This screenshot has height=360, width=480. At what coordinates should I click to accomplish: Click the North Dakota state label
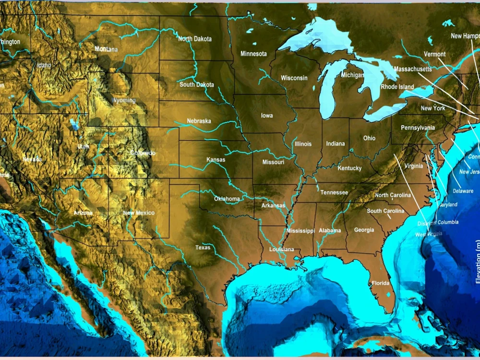195,39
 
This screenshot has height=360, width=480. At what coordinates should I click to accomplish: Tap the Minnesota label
253,54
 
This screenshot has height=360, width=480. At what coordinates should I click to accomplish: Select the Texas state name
203,248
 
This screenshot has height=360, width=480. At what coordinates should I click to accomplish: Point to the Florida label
381,283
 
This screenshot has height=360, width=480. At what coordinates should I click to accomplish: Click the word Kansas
216,159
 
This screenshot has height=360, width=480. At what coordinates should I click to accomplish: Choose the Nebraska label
199,121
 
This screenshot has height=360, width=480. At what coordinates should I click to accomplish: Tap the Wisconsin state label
294,78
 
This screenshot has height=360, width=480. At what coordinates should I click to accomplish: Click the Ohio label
369,138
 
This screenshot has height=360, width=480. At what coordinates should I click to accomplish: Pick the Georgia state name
364,230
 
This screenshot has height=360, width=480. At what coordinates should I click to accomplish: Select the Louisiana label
281,250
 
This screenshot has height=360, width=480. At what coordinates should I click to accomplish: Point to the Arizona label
83,212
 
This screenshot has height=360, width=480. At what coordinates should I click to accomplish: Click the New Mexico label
139,213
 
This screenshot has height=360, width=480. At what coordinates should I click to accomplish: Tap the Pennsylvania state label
418,128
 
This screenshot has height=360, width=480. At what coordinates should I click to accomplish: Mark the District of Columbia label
438,223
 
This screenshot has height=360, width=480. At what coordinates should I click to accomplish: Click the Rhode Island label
397,87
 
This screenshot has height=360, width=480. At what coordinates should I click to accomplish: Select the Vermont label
435,54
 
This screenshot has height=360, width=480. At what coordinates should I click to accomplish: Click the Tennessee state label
334,192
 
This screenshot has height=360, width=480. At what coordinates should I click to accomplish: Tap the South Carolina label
385,211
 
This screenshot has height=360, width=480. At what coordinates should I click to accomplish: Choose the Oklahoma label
227,199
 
